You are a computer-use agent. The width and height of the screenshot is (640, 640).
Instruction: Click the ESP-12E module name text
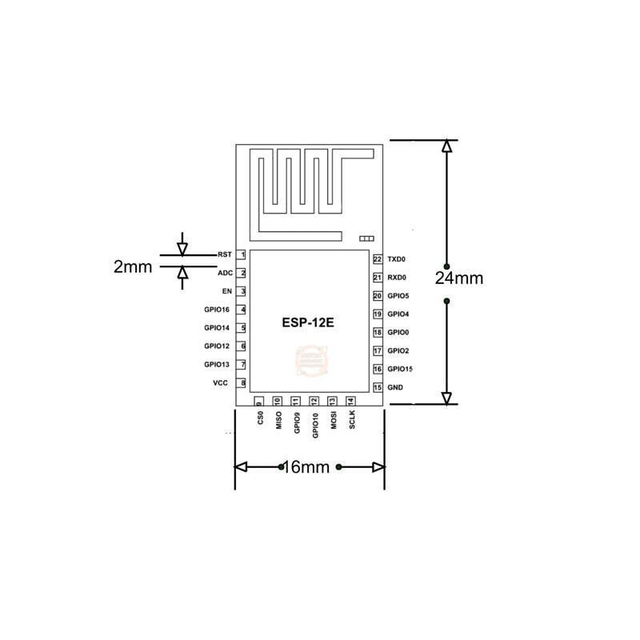pyautogui.click(x=307, y=323)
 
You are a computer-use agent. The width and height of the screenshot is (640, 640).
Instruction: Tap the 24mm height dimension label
pyautogui.click(x=459, y=278)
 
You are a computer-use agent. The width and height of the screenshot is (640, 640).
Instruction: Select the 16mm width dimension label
pyautogui.click(x=307, y=467)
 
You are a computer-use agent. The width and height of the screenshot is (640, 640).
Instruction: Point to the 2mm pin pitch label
pyautogui.click(x=133, y=267)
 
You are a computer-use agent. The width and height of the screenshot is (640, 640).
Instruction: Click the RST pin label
pyautogui.click(x=224, y=254)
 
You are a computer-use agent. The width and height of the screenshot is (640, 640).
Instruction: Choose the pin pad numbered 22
pyautogui.click(x=377, y=259)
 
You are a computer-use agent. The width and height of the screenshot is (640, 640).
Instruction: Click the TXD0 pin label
pyautogui.click(x=397, y=259)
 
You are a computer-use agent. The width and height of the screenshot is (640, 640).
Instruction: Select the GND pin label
pyautogui.click(x=395, y=387)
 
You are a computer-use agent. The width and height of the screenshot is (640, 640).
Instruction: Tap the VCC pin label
pyautogui.click(x=221, y=383)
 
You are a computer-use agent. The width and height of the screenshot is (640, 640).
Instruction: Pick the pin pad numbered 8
pyautogui.click(x=242, y=383)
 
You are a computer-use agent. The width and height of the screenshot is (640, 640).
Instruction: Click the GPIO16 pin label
pyautogui.click(x=217, y=310)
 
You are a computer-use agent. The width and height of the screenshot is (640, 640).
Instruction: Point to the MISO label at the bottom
pyautogui.click(x=278, y=421)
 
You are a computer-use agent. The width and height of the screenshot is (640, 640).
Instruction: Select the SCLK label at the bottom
pyautogui.click(x=351, y=421)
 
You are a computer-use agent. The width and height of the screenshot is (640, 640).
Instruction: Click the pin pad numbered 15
pyautogui.click(x=377, y=387)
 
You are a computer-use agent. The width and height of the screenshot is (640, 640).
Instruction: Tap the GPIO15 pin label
pyautogui.click(x=399, y=369)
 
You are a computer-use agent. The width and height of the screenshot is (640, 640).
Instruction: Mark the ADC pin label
pyautogui.click(x=225, y=273)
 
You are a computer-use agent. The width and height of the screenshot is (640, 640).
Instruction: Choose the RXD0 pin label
pyautogui.click(x=397, y=278)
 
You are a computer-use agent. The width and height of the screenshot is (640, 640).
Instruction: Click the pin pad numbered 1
pyautogui.click(x=242, y=254)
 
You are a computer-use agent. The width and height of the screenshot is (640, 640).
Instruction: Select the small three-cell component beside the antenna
pyautogui.click(x=367, y=238)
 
